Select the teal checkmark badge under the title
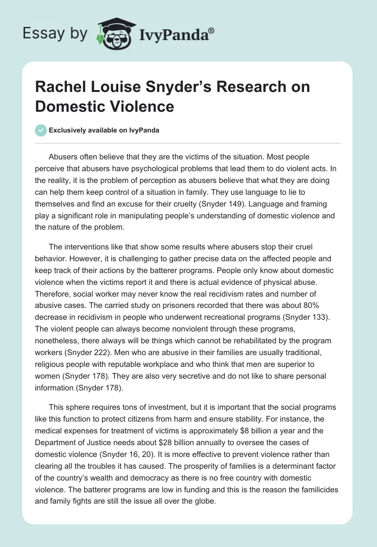point(41,130)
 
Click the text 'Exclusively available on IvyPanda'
point(105,131)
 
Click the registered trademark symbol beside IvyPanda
point(211,30)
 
